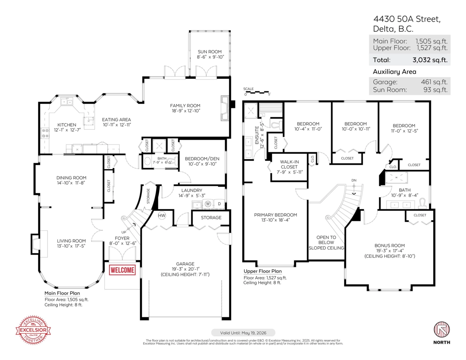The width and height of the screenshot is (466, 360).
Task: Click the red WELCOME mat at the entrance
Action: click(x=123, y=270)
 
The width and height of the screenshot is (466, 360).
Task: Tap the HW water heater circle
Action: click(x=162, y=216)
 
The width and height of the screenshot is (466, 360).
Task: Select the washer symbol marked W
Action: click(x=208, y=203)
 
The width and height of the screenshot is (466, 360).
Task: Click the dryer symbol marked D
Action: click(x=219, y=203)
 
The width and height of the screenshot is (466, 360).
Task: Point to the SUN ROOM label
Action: click(x=209, y=52)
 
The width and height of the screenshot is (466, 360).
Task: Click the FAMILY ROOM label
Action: click(x=185, y=105)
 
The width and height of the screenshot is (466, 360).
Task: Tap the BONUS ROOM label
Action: click(x=389, y=245)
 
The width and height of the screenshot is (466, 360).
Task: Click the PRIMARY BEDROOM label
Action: click(x=275, y=215)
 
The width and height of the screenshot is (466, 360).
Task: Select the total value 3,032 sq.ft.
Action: click(x=430, y=60)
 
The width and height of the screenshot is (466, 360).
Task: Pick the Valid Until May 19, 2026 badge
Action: click(x=243, y=332)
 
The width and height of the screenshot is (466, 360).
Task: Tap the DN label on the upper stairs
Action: click(x=353, y=180)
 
